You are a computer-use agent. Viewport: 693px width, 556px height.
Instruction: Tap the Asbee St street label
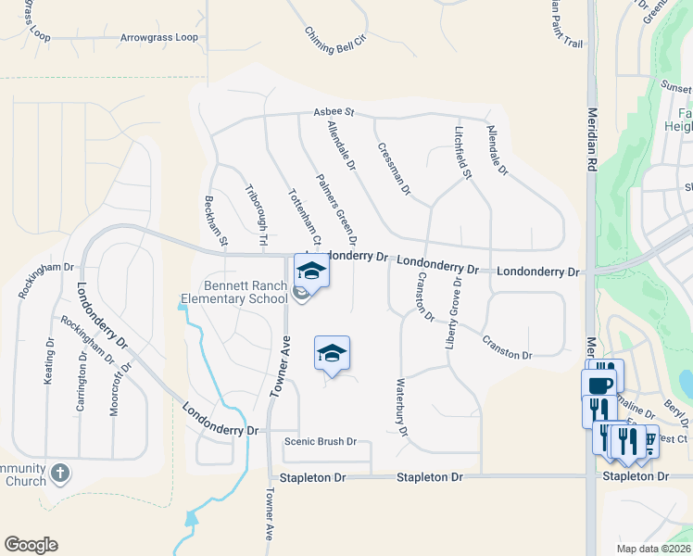pos(334,111)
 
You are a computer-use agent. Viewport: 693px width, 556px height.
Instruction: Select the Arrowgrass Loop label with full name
pos(158,38)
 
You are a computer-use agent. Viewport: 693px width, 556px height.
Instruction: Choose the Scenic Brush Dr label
pos(321,441)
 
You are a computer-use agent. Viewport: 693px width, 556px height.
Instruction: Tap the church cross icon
pos(60,474)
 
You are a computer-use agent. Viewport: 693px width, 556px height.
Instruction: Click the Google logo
pos(31,545)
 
